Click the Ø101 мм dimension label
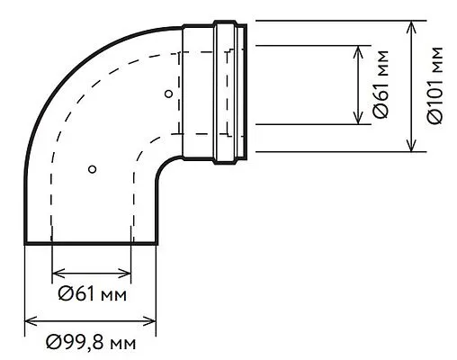pos(436,88)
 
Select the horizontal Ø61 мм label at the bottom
pos(92,293)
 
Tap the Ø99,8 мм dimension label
pos(92,342)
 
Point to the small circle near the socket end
pos(168,92)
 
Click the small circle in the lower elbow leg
pos(91,169)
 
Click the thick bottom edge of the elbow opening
pos(90,243)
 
